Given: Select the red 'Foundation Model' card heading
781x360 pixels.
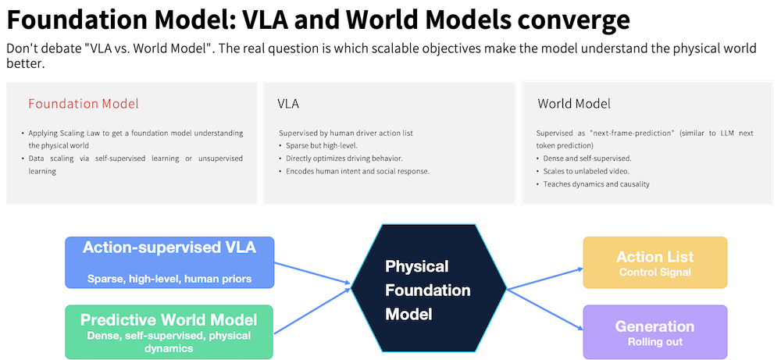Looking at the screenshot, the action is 84,104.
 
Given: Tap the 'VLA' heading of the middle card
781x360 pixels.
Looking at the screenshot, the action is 288,104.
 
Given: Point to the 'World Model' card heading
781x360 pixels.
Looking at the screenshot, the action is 574,104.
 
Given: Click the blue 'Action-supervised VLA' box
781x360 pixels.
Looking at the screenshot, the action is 169,262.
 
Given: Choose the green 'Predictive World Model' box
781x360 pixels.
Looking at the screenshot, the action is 169,332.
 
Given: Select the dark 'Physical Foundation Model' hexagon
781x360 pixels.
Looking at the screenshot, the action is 428,289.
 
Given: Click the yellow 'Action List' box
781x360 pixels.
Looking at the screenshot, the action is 655,262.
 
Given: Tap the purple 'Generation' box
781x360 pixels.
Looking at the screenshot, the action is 655,332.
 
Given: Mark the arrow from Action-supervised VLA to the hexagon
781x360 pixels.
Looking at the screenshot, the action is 313,274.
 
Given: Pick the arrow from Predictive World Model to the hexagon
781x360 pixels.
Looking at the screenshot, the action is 313,310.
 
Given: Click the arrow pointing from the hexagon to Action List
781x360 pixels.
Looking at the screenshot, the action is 544,278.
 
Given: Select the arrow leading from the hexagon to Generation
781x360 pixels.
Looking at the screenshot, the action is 544,309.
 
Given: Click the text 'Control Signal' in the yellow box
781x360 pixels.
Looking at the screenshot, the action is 655,273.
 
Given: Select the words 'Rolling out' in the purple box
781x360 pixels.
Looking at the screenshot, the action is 655,342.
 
